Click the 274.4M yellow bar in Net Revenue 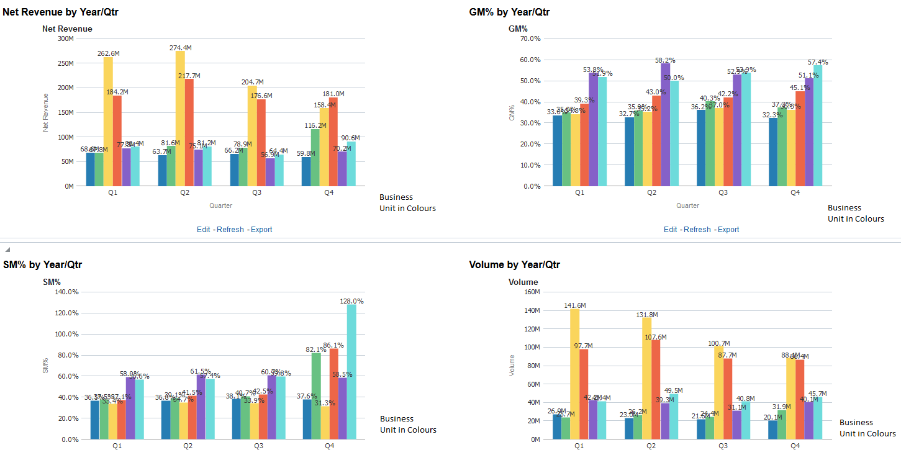pos(180,118)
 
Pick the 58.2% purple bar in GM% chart pos(666,124)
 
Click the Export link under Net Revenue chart pos(261,230)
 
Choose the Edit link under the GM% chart pos(671,230)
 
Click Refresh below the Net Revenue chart pos(230,230)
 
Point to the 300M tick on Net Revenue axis pos(65,38)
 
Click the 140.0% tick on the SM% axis pos(66,292)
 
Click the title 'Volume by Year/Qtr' pos(514,265)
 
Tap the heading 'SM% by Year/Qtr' pos(42,265)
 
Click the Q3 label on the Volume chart pos(723,446)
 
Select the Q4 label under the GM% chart pos(795,192)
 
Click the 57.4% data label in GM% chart pos(818,62)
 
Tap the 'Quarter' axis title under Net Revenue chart pos(220,205)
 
